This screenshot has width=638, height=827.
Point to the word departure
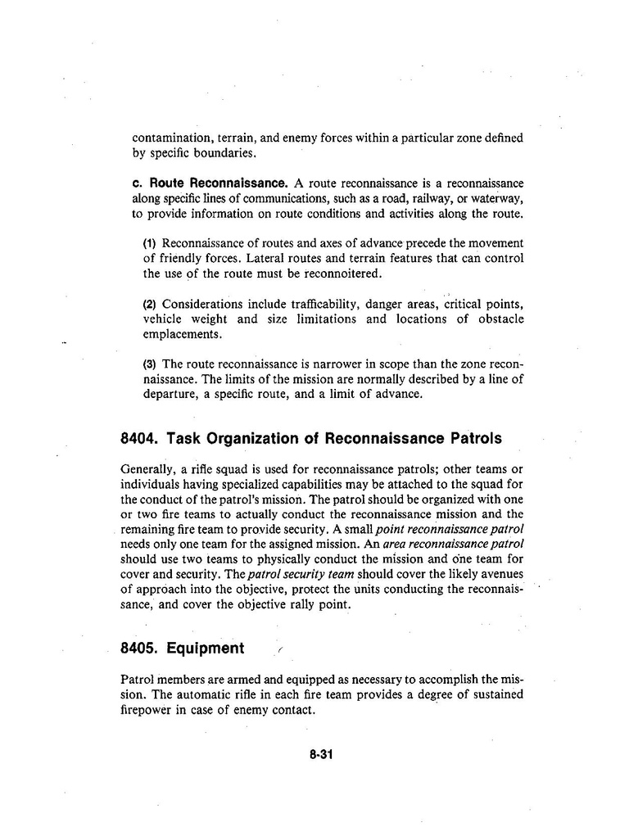coord(171,394)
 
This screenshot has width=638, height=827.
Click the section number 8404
coord(139,438)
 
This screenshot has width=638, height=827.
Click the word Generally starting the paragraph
coord(147,469)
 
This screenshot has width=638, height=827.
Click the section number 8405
coord(139,648)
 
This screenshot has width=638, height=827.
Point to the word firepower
coord(146,710)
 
